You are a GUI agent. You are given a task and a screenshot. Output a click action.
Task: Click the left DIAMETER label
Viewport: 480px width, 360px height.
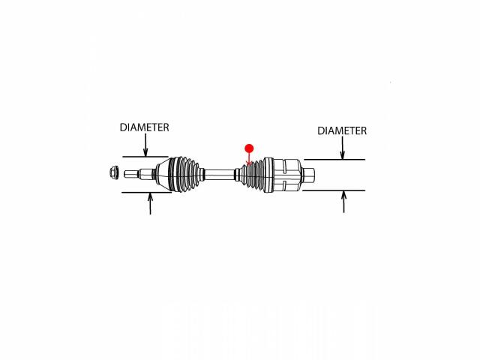(144, 127)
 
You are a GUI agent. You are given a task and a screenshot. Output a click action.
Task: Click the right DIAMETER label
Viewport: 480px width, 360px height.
(342, 130)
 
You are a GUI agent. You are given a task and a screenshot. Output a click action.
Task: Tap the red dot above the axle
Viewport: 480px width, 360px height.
(249, 148)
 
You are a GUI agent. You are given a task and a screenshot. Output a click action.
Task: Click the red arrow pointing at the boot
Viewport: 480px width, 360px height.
(249, 159)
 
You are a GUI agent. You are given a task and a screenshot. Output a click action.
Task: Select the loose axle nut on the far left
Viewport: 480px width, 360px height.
(114, 172)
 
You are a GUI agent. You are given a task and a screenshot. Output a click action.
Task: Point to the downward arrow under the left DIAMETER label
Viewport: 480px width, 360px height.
(145, 145)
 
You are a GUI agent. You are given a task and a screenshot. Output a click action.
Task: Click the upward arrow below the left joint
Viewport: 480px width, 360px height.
(150, 203)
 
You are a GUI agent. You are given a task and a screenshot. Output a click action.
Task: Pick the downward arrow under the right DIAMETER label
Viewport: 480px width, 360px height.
(343, 148)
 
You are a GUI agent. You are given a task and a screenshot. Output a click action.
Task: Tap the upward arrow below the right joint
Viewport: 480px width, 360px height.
(343, 202)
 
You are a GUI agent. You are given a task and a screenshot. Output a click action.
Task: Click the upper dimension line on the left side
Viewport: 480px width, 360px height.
(145, 157)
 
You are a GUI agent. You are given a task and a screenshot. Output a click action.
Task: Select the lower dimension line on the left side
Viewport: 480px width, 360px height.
(147, 193)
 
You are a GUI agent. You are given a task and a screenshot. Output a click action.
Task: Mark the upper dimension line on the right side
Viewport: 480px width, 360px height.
(334, 160)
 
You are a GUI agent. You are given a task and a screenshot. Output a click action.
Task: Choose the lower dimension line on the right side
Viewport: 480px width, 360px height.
(334, 190)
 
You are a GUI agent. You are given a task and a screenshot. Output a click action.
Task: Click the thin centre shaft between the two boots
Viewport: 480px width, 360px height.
(219, 175)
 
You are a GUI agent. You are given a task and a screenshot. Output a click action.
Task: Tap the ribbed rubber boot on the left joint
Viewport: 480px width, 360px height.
(185, 175)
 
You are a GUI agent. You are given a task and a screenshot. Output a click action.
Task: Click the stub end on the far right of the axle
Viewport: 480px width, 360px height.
(308, 175)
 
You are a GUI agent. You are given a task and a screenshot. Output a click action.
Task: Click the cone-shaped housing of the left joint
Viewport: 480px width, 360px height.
(162, 175)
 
